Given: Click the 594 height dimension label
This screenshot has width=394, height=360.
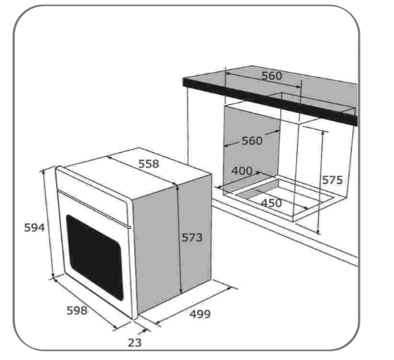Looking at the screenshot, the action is click(x=34, y=227).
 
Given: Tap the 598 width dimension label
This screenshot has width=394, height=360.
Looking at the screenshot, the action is click(x=77, y=310).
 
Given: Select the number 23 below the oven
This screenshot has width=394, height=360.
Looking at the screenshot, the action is click(x=135, y=343).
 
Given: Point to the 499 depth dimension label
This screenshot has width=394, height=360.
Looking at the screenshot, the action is click(x=200, y=314).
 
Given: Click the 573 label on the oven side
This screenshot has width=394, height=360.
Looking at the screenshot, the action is click(x=192, y=238).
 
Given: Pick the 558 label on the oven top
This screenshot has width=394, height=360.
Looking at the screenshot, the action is click(x=149, y=164).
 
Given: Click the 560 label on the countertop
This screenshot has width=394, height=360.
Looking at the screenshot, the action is click(x=272, y=76).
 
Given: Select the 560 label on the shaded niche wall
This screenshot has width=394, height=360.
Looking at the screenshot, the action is click(x=252, y=141).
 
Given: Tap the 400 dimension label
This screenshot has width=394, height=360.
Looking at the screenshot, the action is click(x=242, y=171).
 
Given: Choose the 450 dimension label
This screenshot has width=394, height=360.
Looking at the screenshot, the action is click(x=271, y=203).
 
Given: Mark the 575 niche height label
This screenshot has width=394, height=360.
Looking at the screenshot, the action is click(x=332, y=180).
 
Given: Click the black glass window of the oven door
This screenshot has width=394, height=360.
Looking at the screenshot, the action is click(x=95, y=257).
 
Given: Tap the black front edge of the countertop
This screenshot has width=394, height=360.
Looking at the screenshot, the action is click(x=270, y=102).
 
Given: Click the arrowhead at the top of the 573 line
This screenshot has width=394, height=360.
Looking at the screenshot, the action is click(x=177, y=187).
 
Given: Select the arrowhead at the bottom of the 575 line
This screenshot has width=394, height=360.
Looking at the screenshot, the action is click(x=318, y=232).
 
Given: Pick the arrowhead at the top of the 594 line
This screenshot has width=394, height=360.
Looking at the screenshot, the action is click(x=44, y=172).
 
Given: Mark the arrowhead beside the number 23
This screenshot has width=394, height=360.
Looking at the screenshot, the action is click(x=143, y=331).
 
